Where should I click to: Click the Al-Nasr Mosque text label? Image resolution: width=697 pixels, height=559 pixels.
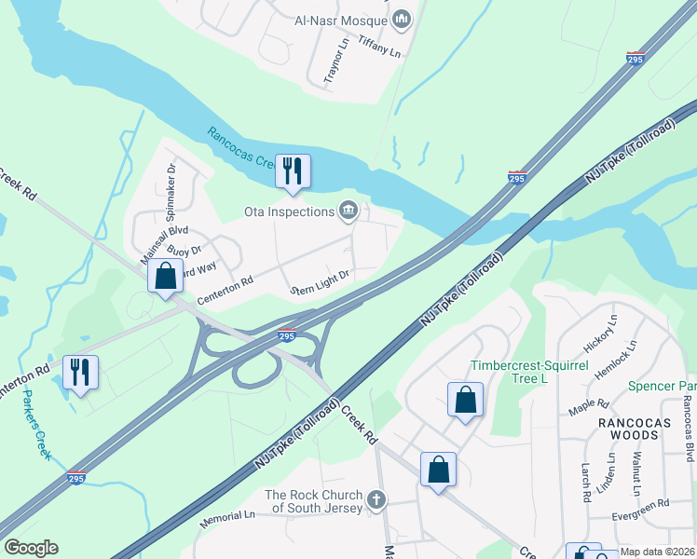click(x=339, y=19)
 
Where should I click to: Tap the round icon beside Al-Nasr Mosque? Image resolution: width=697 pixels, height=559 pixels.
click(x=403, y=19)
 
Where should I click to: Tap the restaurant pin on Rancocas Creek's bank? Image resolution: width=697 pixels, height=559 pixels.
click(x=293, y=171)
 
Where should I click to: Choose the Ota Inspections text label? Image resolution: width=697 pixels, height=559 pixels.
click(x=289, y=211)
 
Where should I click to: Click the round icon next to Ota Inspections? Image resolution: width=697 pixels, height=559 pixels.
click(x=349, y=211)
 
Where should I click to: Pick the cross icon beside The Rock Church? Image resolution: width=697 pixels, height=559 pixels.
click(x=376, y=500)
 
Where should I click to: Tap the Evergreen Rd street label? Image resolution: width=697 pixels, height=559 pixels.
click(x=642, y=502)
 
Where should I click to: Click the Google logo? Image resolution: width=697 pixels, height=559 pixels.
click(x=31, y=548)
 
